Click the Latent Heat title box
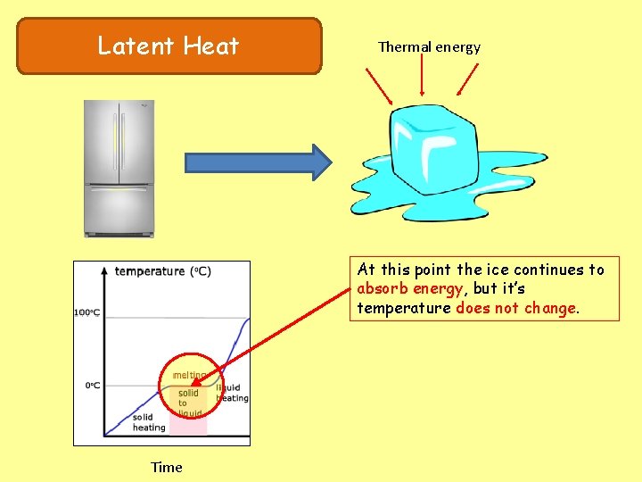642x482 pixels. [x=169, y=46]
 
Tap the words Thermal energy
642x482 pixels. [x=429, y=47]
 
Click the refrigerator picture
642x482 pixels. [x=119, y=168]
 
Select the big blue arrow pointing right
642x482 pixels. [x=258, y=162]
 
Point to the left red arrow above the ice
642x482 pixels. [x=380, y=86]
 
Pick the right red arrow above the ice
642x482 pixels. [x=466, y=81]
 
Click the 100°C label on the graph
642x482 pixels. [x=86, y=312]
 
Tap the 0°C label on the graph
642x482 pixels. [x=92, y=386]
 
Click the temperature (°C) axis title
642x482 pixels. [x=162, y=271]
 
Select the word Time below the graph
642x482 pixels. [x=167, y=467]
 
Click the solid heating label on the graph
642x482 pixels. [x=149, y=422]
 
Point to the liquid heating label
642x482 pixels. [x=232, y=393]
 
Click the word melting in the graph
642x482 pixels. [x=189, y=375]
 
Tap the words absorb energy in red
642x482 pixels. [x=409, y=288]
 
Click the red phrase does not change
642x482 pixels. [x=515, y=308]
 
